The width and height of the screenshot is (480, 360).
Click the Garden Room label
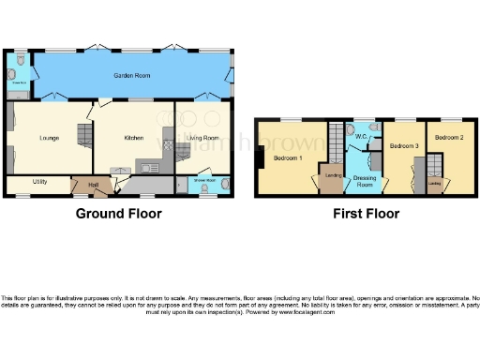coord(128,74)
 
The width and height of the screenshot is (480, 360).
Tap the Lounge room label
coord(50,138)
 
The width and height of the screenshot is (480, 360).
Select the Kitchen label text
coord(134,138)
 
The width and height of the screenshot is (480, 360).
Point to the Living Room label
coord(202,138)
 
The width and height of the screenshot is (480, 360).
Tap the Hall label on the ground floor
coord(94,186)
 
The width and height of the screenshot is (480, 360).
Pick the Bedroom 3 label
coord(403,147)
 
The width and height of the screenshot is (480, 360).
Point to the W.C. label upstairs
coord(360,137)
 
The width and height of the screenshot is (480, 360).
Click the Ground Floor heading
coord(119,214)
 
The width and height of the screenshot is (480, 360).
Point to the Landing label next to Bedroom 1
coord(331,175)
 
